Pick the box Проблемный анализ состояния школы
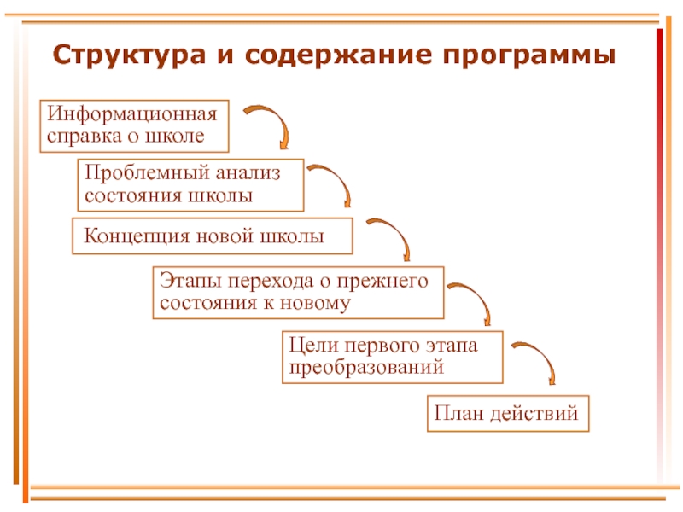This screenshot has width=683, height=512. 190,184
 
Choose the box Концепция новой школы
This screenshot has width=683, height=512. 212,236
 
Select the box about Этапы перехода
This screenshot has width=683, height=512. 298,292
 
